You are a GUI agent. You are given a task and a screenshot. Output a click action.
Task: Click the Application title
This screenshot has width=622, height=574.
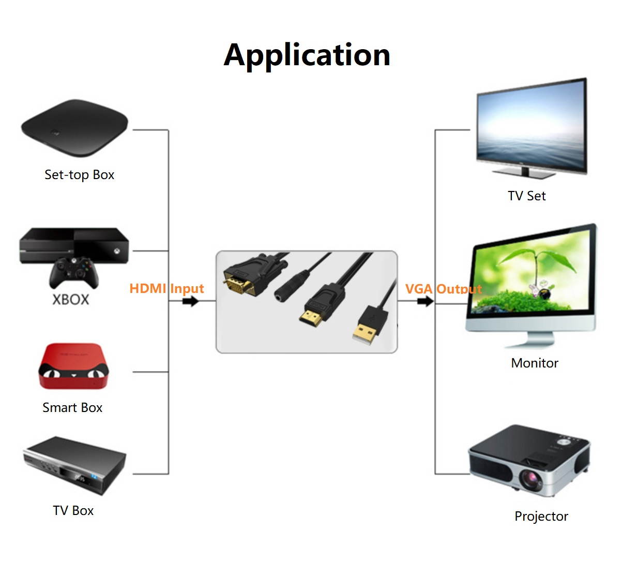pyautogui.click(x=307, y=55)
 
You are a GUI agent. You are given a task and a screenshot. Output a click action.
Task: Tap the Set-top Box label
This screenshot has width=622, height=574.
pyautogui.click(x=79, y=175)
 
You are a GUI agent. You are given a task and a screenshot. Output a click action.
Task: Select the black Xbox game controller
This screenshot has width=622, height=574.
pyautogui.click(x=73, y=272)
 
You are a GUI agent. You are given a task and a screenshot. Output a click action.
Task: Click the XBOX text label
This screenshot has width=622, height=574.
pyautogui.click(x=71, y=299)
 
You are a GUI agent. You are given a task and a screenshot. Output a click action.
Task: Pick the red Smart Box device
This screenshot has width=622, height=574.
pyautogui.click(x=74, y=366)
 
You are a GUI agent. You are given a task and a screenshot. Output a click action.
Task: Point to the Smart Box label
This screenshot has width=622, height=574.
pyautogui.click(x=72, y=408)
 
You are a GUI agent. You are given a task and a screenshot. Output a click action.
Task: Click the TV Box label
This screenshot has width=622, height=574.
pyautogui.click(x=73, y=511)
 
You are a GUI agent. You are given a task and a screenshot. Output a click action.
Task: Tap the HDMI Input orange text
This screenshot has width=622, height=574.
pyautogui.click(x=166, y=288)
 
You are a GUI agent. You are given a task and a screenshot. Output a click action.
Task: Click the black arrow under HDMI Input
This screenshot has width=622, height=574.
pyautogui.click(x=190, y=301)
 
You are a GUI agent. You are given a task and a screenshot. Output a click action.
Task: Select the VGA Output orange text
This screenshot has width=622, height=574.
pyautogui.click(x=443, y=289)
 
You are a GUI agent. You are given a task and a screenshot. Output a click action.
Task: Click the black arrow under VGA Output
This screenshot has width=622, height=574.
pyautogui.click(x=425, y=301)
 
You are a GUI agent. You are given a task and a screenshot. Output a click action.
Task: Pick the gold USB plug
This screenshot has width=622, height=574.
pyautogui.click(x=365, y=332)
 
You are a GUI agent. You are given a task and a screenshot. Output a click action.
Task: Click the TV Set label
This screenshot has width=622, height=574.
pyautogui.click(x=526, y=196)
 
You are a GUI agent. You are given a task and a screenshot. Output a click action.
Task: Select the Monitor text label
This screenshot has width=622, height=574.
pyautogui.click(x=534, y=363)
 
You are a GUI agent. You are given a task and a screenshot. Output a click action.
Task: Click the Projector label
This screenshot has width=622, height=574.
pyautogui.click(x=541, y=516)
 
